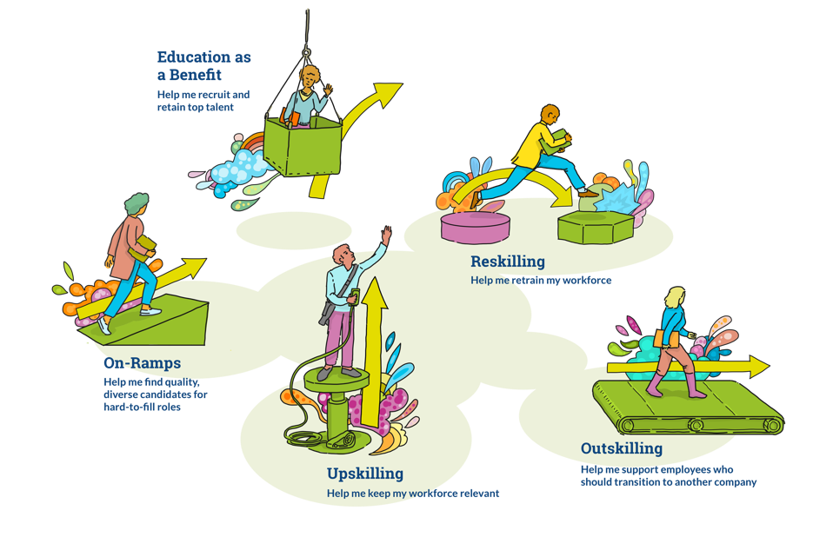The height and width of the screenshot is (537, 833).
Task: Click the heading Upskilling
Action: pos(365,474)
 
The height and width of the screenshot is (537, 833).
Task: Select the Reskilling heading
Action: pos(508,262)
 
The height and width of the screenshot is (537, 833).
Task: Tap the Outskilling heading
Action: pos(621,449)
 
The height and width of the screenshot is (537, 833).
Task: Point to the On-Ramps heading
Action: pos(142,363)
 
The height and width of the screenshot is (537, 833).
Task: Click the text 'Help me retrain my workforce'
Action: pos(541,281)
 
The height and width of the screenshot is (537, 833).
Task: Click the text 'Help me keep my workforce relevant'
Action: pos(413,494)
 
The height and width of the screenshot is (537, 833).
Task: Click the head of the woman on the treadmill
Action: pos(674,296)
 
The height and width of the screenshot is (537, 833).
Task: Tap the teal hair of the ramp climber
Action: pos(137,204)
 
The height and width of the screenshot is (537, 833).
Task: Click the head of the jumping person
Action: pos(550,115)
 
